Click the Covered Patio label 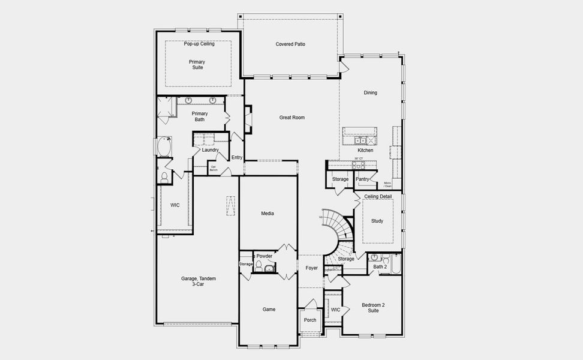click(290, 44)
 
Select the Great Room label click(291, 118)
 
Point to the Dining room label click(370, 92)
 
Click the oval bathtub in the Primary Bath click(164, 146)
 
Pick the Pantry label click(362, 179)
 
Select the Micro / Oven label click(387, 184)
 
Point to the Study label click(377, 221)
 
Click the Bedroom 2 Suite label click(373, 307)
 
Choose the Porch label click(310, 320)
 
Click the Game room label click(269, 309)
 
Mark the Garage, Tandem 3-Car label click(199, 281)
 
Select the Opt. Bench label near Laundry click(213, 169)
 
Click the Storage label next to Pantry click(340, 179)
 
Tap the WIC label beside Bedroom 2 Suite click(335, 310)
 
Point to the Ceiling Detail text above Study click(378, 196)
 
